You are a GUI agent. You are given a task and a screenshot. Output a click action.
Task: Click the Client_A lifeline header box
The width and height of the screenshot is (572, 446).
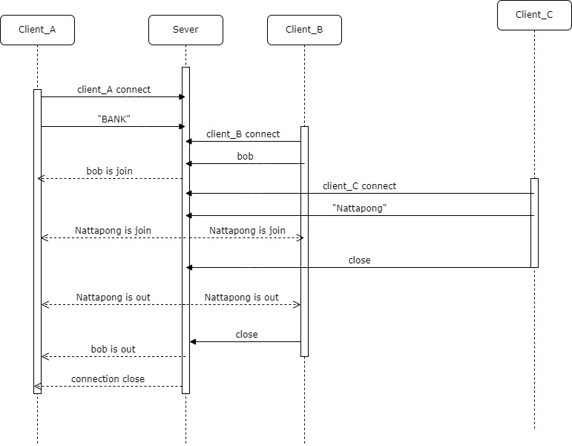tap(37, 30)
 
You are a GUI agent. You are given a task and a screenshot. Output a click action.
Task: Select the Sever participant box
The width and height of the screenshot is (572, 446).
tap(185, 30)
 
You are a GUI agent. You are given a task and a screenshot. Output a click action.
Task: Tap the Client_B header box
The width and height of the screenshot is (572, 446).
tap(304, 30)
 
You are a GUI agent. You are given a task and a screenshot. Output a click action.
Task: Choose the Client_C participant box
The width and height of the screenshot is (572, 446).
tap(534, 15)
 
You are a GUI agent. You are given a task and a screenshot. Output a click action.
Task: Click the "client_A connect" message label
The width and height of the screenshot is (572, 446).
tap(114, 90)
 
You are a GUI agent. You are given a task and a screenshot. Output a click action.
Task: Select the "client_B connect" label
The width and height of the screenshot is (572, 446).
tap(243, 134)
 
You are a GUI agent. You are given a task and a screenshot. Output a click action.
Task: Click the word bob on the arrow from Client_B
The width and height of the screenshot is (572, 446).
tap(245, 157)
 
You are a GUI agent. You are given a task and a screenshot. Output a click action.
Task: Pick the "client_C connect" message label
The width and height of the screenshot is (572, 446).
tap(359, 186)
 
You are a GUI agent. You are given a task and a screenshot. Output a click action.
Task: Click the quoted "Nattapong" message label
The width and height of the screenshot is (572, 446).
tap(359, 209)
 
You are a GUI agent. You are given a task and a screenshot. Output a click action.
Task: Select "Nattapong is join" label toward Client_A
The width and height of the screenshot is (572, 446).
tap(113, 231)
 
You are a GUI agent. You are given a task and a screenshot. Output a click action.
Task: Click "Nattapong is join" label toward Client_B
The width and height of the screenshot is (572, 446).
tap(247, 231)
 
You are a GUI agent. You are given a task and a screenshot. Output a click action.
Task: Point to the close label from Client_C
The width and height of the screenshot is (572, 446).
tap(359, 260)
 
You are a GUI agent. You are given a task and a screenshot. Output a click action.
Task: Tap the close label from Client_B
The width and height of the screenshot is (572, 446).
tap(246, 335)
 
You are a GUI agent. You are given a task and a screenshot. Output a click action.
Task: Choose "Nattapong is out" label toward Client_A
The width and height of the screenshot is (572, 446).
tap(113, 298)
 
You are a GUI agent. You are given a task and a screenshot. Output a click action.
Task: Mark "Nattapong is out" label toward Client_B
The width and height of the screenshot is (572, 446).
tap(242, 298)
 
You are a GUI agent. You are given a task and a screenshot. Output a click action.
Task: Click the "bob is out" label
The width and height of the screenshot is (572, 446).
tap(113, 349)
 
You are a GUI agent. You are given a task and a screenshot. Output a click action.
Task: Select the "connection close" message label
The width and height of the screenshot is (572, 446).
tap(108, 379)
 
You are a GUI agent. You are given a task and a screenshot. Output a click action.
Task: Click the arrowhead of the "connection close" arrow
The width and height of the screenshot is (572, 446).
tap(37, 386)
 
